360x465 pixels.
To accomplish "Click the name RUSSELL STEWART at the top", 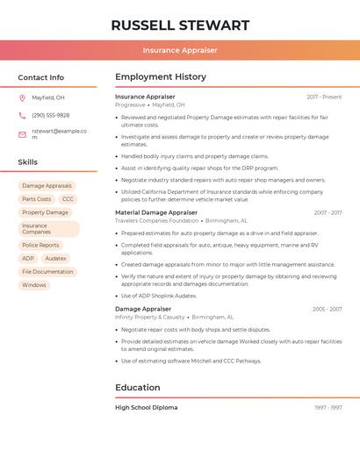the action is click(180, 25).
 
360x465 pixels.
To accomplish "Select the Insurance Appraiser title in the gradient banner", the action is click(180, 50).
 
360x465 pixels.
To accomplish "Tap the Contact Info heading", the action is click(41, 77).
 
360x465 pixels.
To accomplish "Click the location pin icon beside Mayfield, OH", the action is click(22, 97).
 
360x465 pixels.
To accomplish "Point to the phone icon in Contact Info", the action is click(22, 115).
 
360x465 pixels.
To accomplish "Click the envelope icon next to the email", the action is click(22, 134).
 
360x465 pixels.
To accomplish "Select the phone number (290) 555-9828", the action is click(51, 115).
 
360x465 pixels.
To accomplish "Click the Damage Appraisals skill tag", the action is click(47, 186).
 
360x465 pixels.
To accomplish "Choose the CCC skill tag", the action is click(68, 199).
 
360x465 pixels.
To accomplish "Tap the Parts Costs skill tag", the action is click(36, 199).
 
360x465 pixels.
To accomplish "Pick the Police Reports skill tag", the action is click(40, 245).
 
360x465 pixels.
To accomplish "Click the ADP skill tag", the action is click(28, 258).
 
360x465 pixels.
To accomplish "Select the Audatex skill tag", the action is click(55, 258).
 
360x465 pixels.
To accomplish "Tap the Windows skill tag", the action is click(34, 284).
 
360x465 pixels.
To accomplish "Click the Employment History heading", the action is click(161, 77).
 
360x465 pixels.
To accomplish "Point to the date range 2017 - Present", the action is click(324, 97).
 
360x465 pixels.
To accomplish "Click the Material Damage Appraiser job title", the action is click(156, 212).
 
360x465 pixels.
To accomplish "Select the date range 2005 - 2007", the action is click(327, 309).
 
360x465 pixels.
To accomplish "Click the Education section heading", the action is click(138, 387).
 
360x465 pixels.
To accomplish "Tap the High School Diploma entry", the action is click(146, 407).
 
